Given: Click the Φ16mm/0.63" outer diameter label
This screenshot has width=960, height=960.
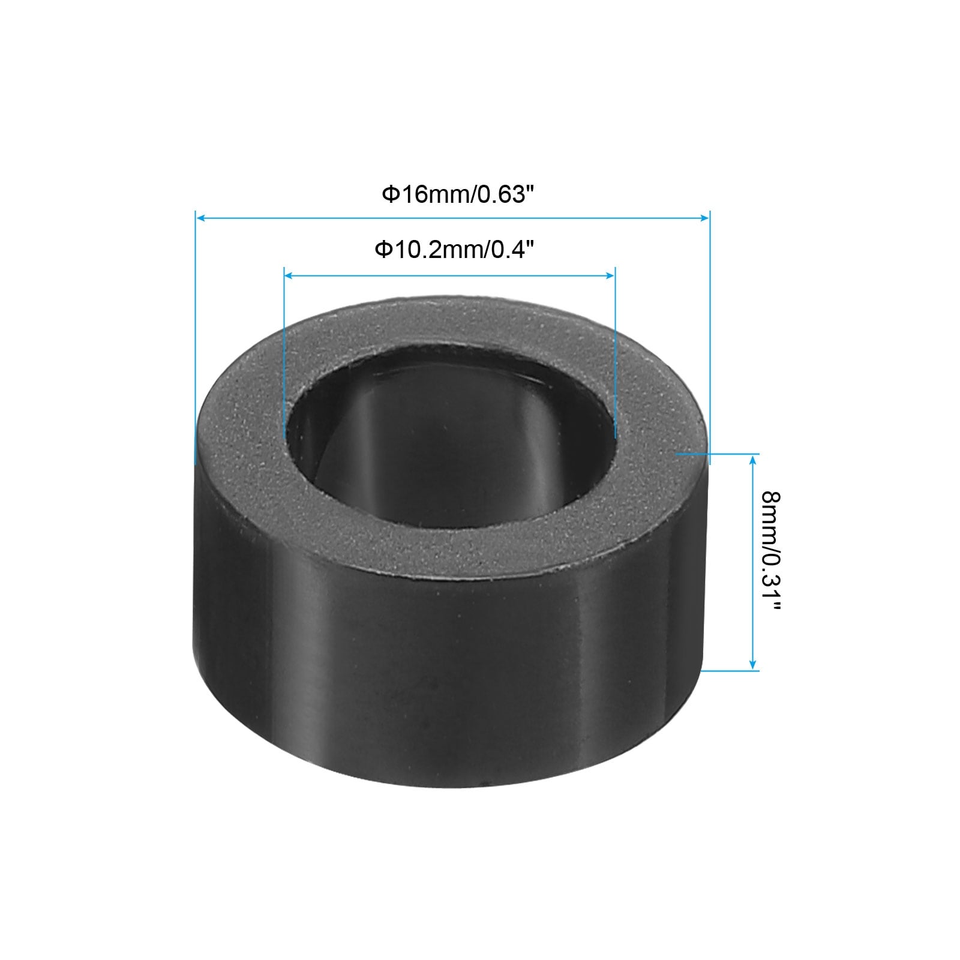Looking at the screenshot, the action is click(458, 194).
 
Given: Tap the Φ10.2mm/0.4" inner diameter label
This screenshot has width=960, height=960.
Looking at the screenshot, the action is click(454, 249).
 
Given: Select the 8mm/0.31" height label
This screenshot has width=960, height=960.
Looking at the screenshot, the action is click(770, 550).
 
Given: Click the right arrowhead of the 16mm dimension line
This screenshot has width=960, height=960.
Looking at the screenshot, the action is click(704, 219).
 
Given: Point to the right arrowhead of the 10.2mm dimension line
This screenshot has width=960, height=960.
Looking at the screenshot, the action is click(610, 275).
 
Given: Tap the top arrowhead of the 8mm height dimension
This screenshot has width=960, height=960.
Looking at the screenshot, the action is click(754, 460).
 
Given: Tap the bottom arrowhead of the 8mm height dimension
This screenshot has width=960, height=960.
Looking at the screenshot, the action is click(754, 665).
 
